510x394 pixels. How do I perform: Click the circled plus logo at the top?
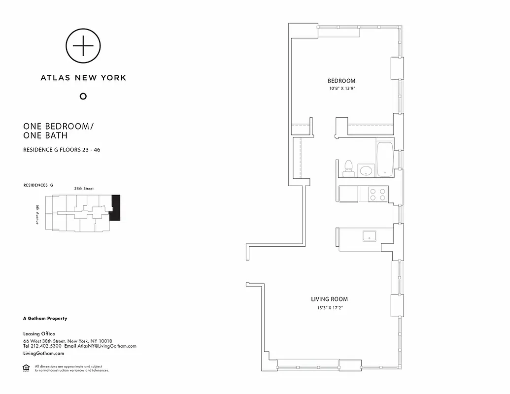point(83,46)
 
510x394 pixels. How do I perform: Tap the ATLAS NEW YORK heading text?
point(83,77)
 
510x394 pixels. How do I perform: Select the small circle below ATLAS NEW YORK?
point(83,96)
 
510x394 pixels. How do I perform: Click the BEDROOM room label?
point(341,81)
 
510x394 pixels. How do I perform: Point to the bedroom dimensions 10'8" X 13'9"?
point(342,89)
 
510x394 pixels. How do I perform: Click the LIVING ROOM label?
point(329,299)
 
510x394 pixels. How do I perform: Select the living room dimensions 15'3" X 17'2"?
point(329,308)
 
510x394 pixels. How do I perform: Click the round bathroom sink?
point(366,171)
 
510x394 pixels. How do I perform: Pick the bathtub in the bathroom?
point(384,159)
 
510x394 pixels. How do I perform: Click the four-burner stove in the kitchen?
point(378,194)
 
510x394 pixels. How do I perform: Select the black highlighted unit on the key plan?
point(115,207)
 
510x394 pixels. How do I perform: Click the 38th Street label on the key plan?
point(84,189)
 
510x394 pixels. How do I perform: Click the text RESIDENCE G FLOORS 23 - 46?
point(62,150)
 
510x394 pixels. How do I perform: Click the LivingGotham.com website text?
point(43,353)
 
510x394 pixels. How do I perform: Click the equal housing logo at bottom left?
point(26,368)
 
